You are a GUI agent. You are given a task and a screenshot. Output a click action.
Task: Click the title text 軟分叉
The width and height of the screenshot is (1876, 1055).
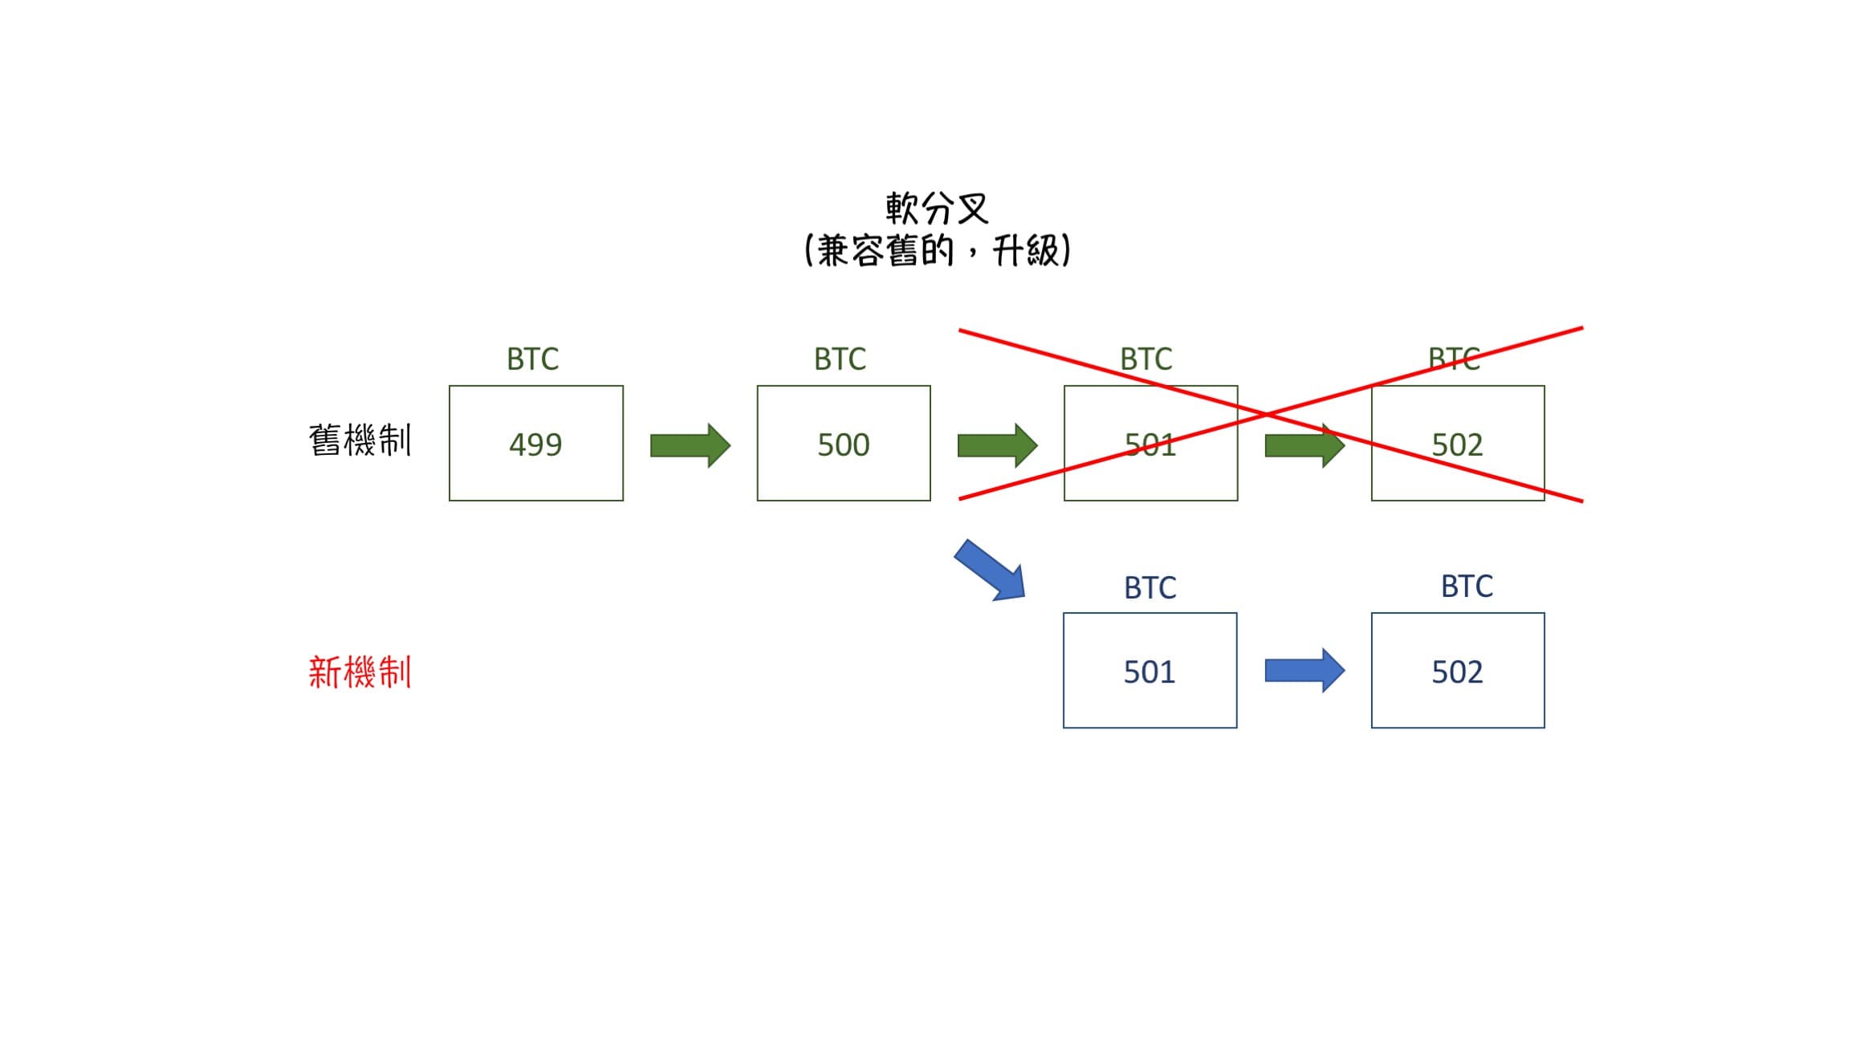click(937, 209)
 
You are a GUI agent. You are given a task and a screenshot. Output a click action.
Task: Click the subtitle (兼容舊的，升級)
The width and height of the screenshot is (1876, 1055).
click(937, 251)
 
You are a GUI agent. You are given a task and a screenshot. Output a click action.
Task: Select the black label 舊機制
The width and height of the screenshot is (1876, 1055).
click(360, 440)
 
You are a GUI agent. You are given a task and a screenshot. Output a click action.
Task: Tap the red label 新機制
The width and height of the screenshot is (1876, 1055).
click(360, 672)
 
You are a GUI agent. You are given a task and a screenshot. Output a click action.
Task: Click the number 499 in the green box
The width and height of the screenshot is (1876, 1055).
click(535, 444)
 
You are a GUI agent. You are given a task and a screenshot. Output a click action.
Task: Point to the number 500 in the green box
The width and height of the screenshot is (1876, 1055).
click(843, 444)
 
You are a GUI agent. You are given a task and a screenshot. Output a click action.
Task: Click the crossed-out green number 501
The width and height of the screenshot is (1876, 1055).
click(1150, 444)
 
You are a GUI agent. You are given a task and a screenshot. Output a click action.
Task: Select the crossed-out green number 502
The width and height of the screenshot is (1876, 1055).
click(1457, 444)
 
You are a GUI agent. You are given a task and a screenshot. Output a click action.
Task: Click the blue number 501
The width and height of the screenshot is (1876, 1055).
click(1149, 672)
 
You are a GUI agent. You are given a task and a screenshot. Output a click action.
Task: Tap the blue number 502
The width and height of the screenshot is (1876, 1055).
click(1457, 672)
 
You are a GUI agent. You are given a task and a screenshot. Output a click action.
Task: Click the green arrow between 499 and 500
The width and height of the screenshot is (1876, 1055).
click(690, 445)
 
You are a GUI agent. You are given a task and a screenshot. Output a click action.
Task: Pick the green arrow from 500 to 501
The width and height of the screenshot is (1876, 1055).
click(997, 445)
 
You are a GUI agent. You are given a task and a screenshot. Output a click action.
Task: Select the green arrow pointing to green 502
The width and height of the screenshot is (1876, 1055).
click(1304, 445)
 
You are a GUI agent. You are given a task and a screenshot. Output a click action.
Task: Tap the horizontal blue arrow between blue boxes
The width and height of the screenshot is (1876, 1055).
click(1304, 671)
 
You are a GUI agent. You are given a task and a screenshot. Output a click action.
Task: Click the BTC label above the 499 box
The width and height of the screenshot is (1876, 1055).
click(532, 359)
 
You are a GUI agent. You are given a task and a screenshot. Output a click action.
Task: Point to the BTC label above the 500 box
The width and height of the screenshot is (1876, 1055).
click(840, 359)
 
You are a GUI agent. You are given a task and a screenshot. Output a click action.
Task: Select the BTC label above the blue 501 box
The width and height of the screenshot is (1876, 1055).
click(1150, 588)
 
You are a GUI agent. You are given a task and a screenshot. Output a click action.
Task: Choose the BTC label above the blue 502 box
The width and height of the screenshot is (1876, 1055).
click(1467, 586)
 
